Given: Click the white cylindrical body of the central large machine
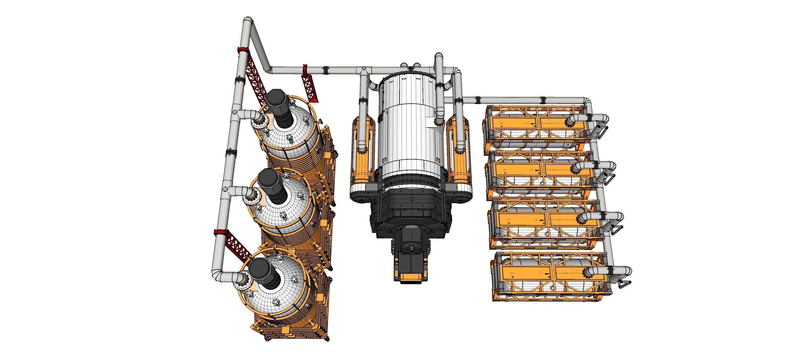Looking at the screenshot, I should tap(410, 127).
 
